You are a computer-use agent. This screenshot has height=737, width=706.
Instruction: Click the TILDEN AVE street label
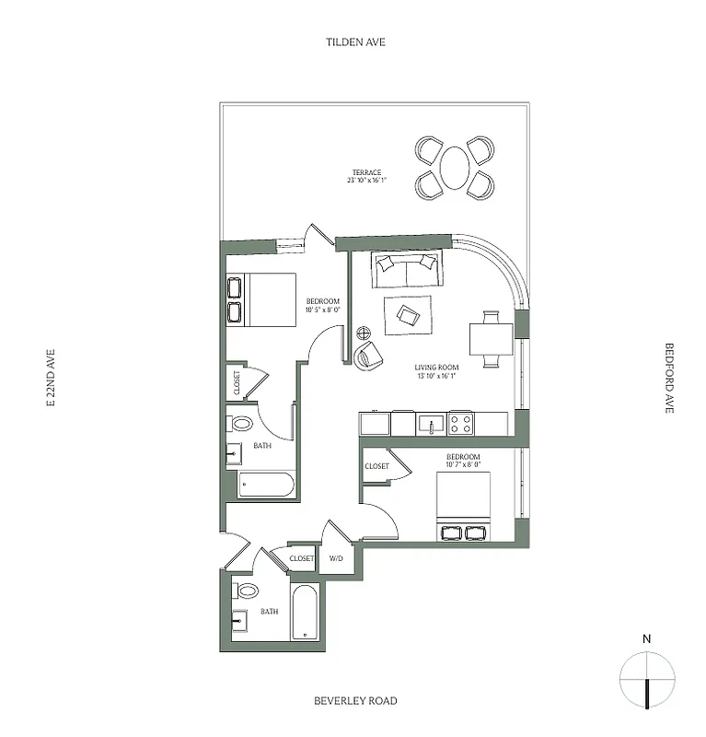(x=354, y=42)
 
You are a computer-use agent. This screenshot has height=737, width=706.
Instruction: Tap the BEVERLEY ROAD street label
(x=354, y=701)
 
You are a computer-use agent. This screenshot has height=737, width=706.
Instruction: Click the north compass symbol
(x=648, y=677)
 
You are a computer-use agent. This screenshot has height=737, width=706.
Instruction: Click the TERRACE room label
(x=366, y=172)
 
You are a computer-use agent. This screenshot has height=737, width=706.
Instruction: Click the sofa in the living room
(x=406, y=269)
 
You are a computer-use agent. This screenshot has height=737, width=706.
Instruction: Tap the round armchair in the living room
(x=369, y=356)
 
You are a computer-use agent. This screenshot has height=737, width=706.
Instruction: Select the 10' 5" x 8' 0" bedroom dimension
(x=324, y=311)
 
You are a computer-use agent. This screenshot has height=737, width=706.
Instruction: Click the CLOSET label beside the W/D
(x=302, y=558)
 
